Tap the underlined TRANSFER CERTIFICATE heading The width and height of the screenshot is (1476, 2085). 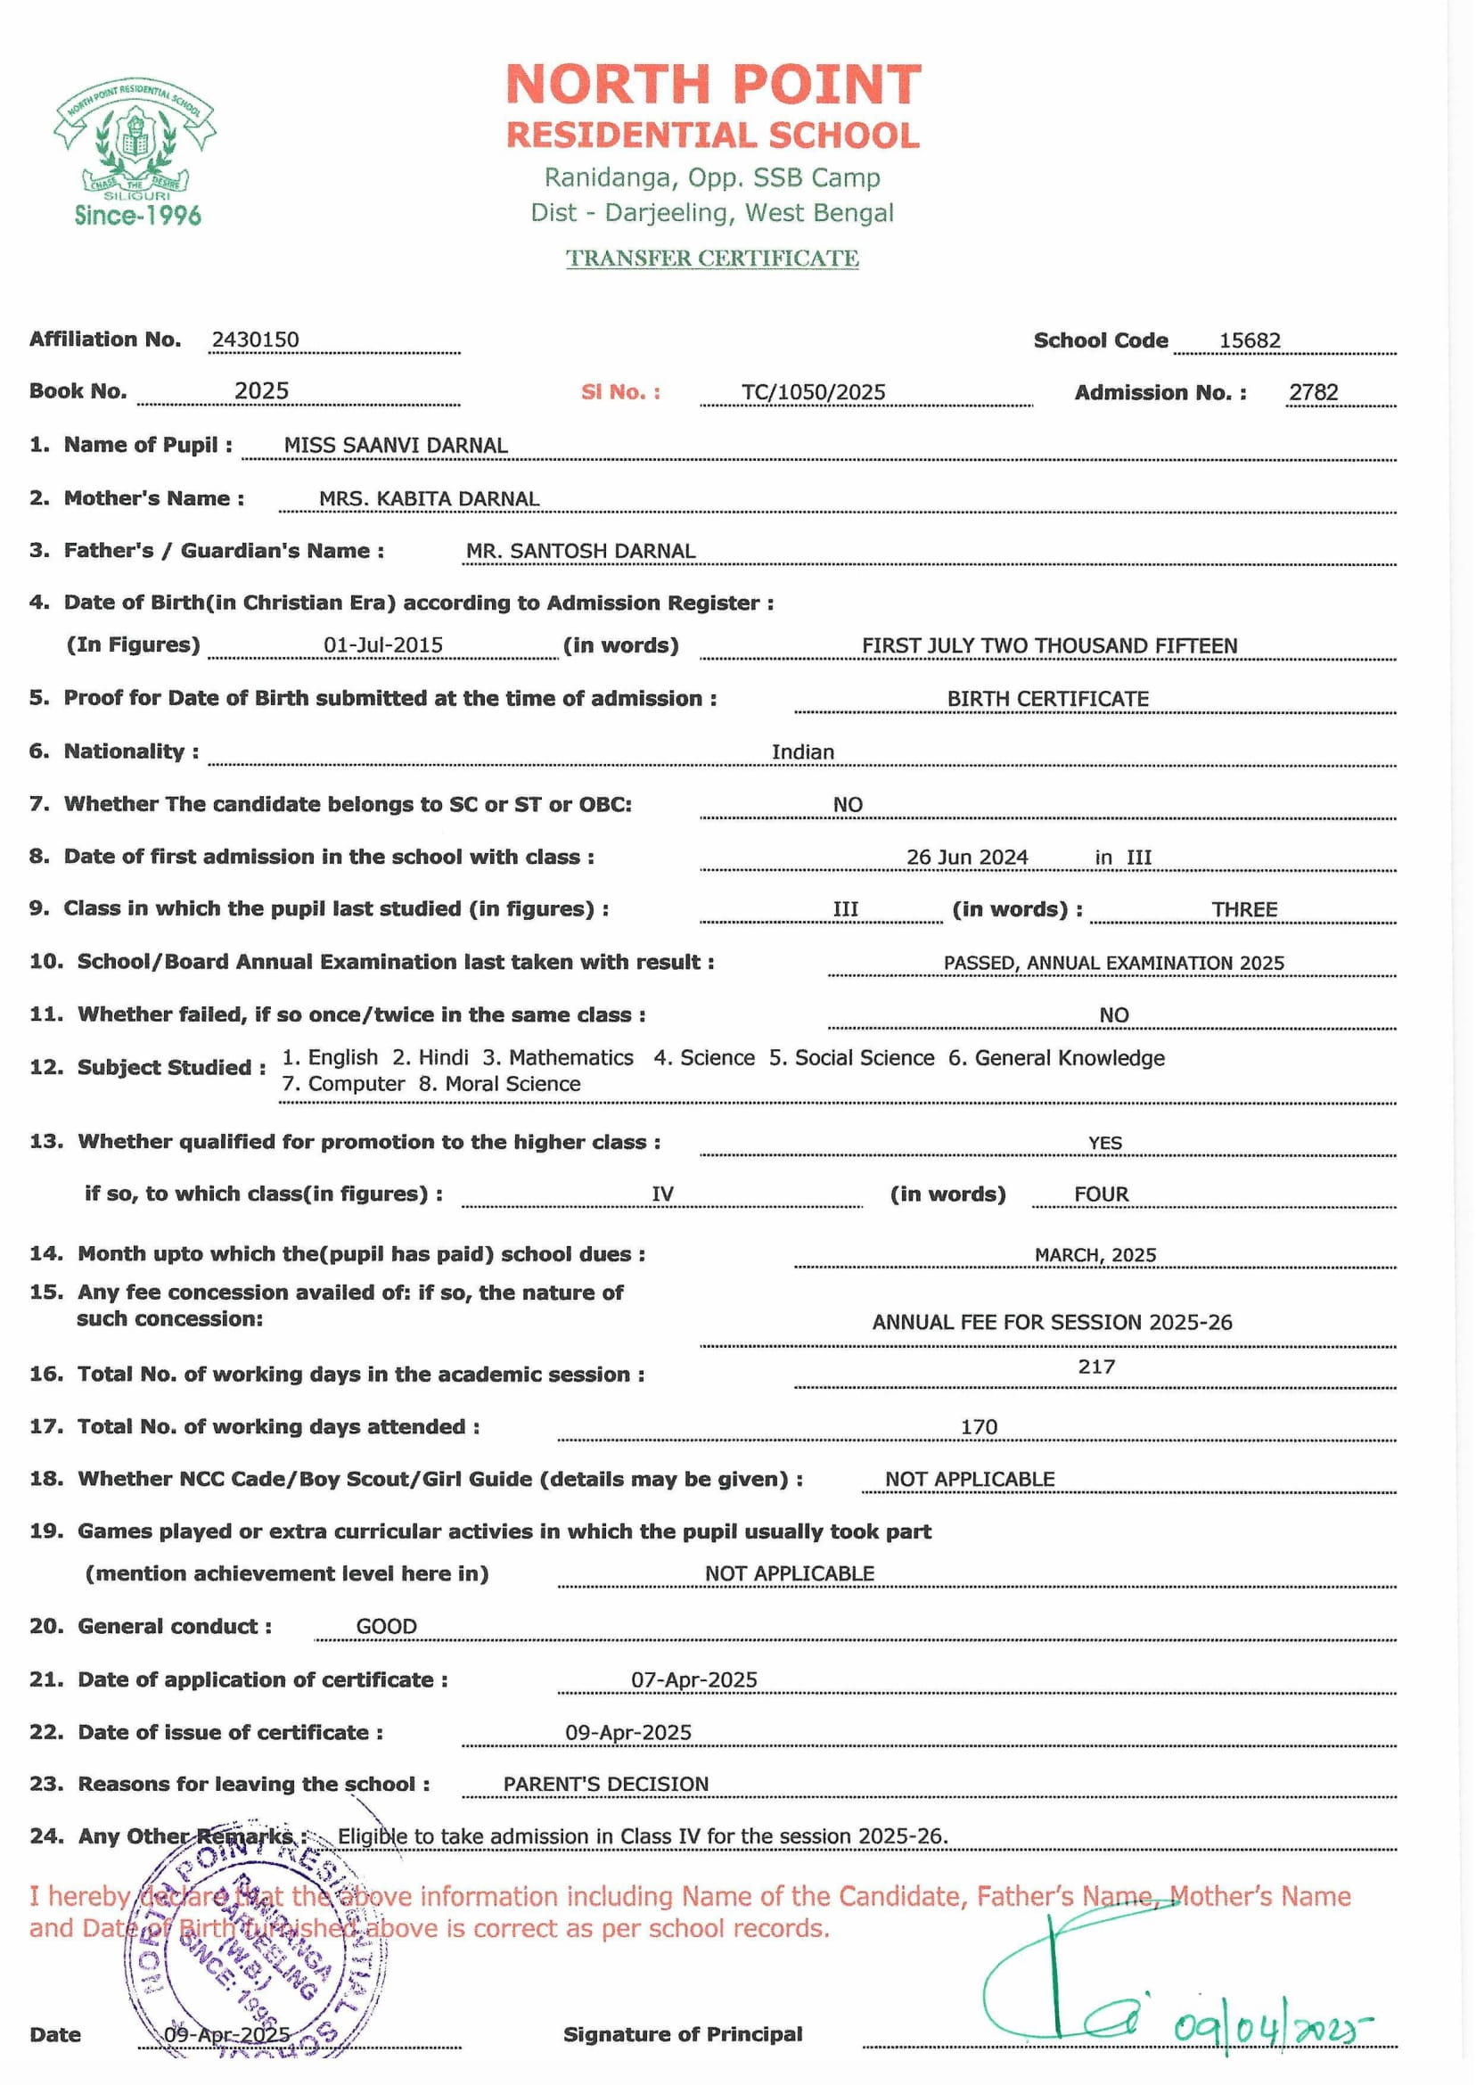click(x=712, y=259)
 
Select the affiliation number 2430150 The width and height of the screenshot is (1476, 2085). click(x=256, y=340)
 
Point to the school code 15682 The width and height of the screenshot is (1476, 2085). click(x=1250, y=341)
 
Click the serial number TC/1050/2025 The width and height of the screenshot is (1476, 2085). click(x=814, y=392)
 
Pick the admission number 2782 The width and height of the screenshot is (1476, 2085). click(x=1313, y=392)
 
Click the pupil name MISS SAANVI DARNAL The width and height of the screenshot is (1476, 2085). click(x=396, y=446)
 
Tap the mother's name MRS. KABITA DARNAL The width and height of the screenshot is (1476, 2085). click(x=429, y=499)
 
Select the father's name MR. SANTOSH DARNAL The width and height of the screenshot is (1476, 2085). click(x=581, y=551)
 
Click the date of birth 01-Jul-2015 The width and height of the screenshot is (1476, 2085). click(x=382, y=645)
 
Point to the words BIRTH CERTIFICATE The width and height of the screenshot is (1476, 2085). click(x=1048, y=699)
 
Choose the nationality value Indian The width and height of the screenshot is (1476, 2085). click(x=802, y=752)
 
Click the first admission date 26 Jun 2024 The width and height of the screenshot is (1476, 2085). click(x=967, y=857)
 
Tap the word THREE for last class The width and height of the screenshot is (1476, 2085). click(x=1244, y=910)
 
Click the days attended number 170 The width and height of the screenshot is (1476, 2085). click(x=979, y=1427)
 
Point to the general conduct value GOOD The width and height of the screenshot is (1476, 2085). click(x=386, y=1626)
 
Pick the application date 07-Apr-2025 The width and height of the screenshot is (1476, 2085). click(x=694, y=1679)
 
